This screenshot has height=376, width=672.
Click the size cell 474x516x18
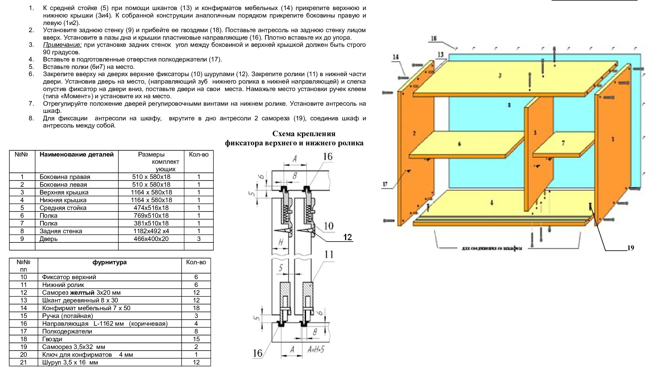tap(151, 208)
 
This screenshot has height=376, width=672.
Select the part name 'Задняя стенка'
tap(61, 231)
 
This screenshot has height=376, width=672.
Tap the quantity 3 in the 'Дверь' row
tap(199, 239)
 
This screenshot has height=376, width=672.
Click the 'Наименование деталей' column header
tap(76, 155)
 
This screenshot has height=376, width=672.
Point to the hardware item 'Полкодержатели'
tap(67, 331)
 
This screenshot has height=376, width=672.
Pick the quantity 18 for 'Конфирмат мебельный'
tap(196, 308)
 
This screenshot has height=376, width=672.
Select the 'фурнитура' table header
tap(109, 262)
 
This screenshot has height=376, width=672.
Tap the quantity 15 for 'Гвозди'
tap(196, 339)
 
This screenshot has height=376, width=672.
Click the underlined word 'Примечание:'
tap(62, 45)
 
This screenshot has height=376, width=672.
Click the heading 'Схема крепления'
tap(304, 134)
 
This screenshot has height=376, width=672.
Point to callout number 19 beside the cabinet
tap(630, 248)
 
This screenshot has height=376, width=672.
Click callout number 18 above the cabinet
tap(434, 38)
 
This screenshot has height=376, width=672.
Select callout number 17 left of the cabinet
tap(385, 184)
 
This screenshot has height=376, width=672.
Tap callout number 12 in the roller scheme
tap(347, 237)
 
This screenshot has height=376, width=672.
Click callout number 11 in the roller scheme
tap(329, 254)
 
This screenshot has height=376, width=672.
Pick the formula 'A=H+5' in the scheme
tap(316, 349)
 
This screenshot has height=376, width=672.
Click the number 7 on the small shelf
tap(563, 143)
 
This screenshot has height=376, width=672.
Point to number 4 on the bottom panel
tap(492, 203)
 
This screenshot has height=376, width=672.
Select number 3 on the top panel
tap(500, 76)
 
